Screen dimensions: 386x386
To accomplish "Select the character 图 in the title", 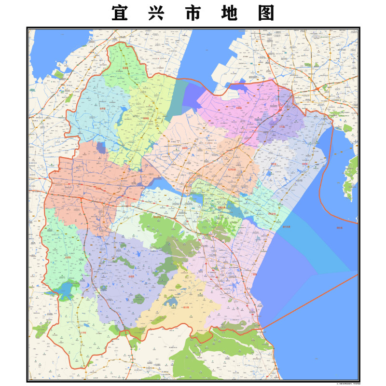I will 264,14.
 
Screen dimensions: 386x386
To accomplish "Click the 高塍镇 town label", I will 186,148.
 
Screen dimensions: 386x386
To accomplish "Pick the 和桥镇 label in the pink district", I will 240,108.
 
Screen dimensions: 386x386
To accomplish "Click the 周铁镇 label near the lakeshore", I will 304,164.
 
